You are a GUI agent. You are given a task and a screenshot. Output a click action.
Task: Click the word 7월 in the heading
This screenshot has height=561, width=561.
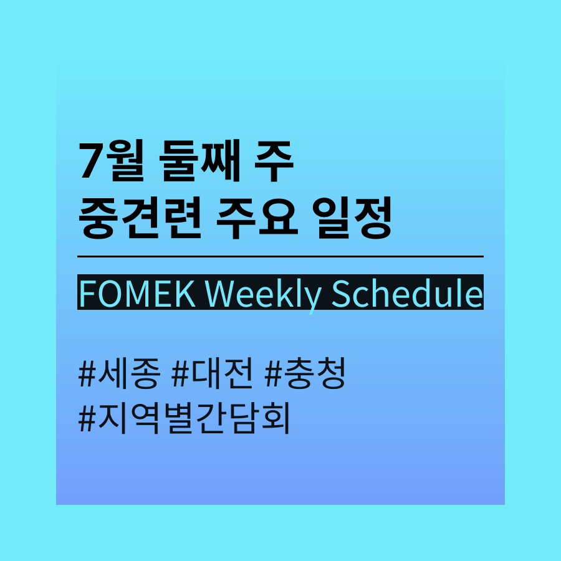[x=112, y=160]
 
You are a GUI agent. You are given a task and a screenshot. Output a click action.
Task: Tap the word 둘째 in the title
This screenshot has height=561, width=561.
[x=199, y=160]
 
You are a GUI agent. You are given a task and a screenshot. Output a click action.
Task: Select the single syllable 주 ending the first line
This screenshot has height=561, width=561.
[x=274, y=160]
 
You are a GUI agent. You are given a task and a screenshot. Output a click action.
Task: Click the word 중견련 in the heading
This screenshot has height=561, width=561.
[x=140, y=218]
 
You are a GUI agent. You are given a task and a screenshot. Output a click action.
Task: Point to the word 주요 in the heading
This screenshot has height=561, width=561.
[x=257, y=218]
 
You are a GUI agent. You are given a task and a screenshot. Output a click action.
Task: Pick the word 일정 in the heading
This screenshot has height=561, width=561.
[x=352, y=218]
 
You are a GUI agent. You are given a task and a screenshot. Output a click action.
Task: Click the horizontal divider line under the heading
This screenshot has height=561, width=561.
[x=280, y=257]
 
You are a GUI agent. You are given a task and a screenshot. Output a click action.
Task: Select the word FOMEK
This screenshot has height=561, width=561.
[x=137, y=294]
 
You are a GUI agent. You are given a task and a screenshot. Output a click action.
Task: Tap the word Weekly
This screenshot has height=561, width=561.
[x=263, y=297]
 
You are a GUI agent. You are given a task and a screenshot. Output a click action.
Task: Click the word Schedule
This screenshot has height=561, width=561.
[x=407, y=294]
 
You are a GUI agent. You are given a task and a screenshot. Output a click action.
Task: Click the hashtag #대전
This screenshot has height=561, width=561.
[x=213, y=373]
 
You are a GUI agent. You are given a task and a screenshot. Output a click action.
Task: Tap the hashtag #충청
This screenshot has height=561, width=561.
[x=305, y=373]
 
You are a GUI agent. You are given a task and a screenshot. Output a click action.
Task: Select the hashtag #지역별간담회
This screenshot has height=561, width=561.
[x=184, y=418]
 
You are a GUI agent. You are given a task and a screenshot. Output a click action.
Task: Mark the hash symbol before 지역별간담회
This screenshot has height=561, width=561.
[x=87, y=419]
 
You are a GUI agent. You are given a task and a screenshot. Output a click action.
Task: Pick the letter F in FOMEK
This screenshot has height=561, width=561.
[x=87, y=294]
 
